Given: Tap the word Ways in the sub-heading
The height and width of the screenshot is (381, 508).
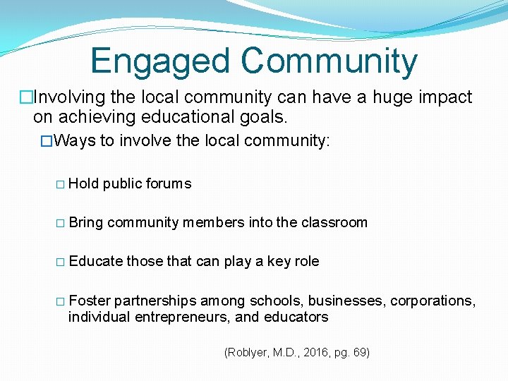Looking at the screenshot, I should (x=74, y=140).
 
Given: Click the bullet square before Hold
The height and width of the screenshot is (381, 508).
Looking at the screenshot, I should (x=60, y=184).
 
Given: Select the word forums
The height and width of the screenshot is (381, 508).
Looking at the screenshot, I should (x=168, y=183).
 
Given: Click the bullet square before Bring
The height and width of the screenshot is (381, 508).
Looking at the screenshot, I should (x=60, y=223).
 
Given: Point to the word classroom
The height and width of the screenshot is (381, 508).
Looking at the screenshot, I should (x=335, y=222).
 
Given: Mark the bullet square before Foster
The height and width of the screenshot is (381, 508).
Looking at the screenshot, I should (x=60, y=301).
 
